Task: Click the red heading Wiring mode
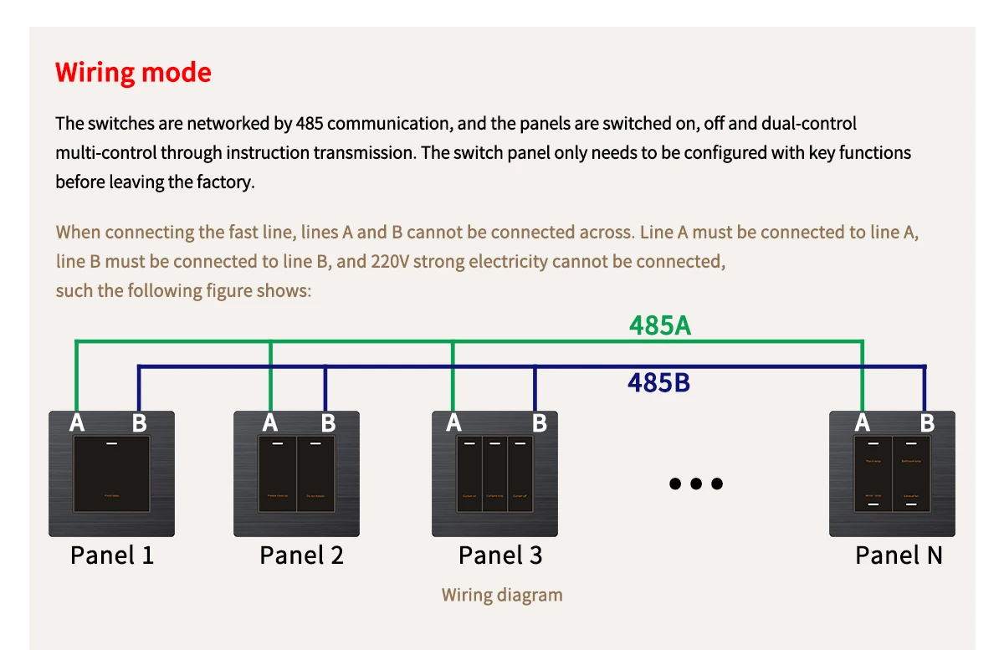click(133, 73)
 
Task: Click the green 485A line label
click(660, 325)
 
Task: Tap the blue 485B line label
click(658, 383)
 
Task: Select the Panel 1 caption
click(112, 555)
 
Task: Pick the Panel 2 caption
click(301, 555)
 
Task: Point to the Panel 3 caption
click(500, 555)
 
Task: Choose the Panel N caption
click(899, 555)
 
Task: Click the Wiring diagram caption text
click(502, 596)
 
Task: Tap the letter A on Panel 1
click(77, 423)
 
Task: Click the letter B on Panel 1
click(139, 423)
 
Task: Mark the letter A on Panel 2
click(269, 423)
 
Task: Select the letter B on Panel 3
click(540, 423)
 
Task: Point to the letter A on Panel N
click(863, 423)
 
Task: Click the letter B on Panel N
click(927, 423)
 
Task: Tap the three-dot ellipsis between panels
click(695, 484)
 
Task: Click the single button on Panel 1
click(112, 473)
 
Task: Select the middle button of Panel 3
click(494, 473)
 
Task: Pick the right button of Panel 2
click(315, 473)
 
